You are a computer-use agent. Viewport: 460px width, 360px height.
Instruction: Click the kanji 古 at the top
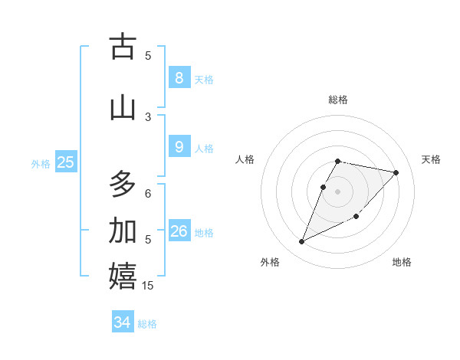[123, 47]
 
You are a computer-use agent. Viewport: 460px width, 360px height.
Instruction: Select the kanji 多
[123, 185]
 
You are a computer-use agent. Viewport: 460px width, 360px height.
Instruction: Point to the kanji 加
[123, 231]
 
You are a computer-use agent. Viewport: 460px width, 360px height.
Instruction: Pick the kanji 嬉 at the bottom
[123, 277]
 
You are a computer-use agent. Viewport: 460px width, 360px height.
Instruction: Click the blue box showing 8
[179, 78]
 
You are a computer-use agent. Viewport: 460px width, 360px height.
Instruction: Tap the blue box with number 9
[179, 147]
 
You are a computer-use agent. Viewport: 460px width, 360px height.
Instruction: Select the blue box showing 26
[179, 231]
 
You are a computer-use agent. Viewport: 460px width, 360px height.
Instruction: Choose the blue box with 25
[65, 162]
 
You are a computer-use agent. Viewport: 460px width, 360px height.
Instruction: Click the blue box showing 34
[123, 322]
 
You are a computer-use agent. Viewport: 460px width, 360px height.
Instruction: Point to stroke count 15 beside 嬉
[149, 286]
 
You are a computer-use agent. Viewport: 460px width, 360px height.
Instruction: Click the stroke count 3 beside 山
[148, 116]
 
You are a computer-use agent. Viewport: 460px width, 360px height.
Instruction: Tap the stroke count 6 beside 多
[148, 193]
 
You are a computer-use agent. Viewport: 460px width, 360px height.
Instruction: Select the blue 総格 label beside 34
[147, 324]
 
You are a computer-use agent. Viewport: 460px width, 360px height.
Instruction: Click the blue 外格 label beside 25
[41, 163]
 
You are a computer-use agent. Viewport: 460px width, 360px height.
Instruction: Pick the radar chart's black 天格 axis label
[432, 159]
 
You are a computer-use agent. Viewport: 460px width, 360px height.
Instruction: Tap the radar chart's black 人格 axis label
[245, 159]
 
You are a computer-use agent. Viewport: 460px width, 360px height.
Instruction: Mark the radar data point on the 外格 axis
[301, 242]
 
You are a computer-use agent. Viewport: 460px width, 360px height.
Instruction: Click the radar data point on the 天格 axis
[396, 173]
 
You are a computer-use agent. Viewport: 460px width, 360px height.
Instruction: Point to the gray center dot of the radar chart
[338, 191]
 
